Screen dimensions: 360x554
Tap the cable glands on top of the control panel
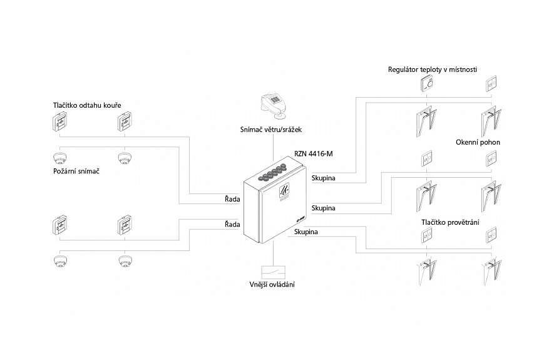pyautogui.click(x=274, y=172)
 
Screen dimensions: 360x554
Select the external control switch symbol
pyautogui.click(x=273, y=270)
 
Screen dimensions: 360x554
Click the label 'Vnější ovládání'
pyautogui.click(x=272, y=285)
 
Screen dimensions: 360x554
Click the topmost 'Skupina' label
pyautogui.click(x=324, y=178)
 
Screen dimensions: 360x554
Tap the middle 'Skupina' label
pyautogui.click(x=324, y=207)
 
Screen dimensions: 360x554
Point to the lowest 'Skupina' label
pyautogui.click(x=305, y=232)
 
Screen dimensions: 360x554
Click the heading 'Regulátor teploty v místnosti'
pyautogui.click(x=433, y=69)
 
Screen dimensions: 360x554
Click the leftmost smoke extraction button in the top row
pyautogui.click(x=60, y=121)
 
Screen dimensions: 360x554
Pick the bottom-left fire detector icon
pyautogui.click(x=60, y=261)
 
